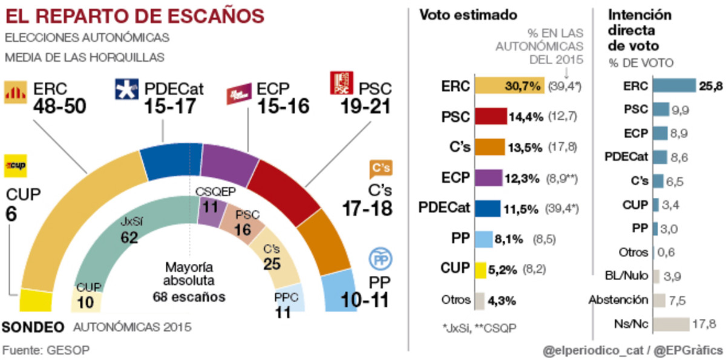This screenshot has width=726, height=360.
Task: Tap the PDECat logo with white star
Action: [x=126, y=90]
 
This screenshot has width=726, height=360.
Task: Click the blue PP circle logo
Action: [x=380, y=260]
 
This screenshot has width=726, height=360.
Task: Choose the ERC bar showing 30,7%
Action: [x=509, y=87]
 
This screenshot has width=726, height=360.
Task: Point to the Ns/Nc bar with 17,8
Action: [x=671, y=324]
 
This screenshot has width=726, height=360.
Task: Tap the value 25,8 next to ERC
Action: [x=710, y=87]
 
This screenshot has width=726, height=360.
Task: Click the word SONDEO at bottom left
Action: [x=34, y=327]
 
